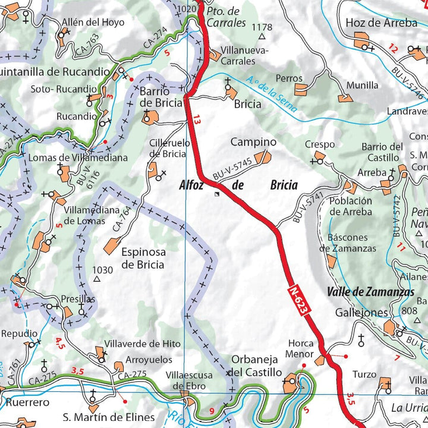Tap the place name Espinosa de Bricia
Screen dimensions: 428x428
(143, 258)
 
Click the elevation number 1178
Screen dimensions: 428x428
(262, 27)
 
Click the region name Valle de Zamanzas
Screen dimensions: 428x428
(370, 292)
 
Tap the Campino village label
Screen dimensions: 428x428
(253, 142)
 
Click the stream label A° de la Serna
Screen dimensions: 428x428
(266, 91)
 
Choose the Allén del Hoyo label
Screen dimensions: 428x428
(93, 23)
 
